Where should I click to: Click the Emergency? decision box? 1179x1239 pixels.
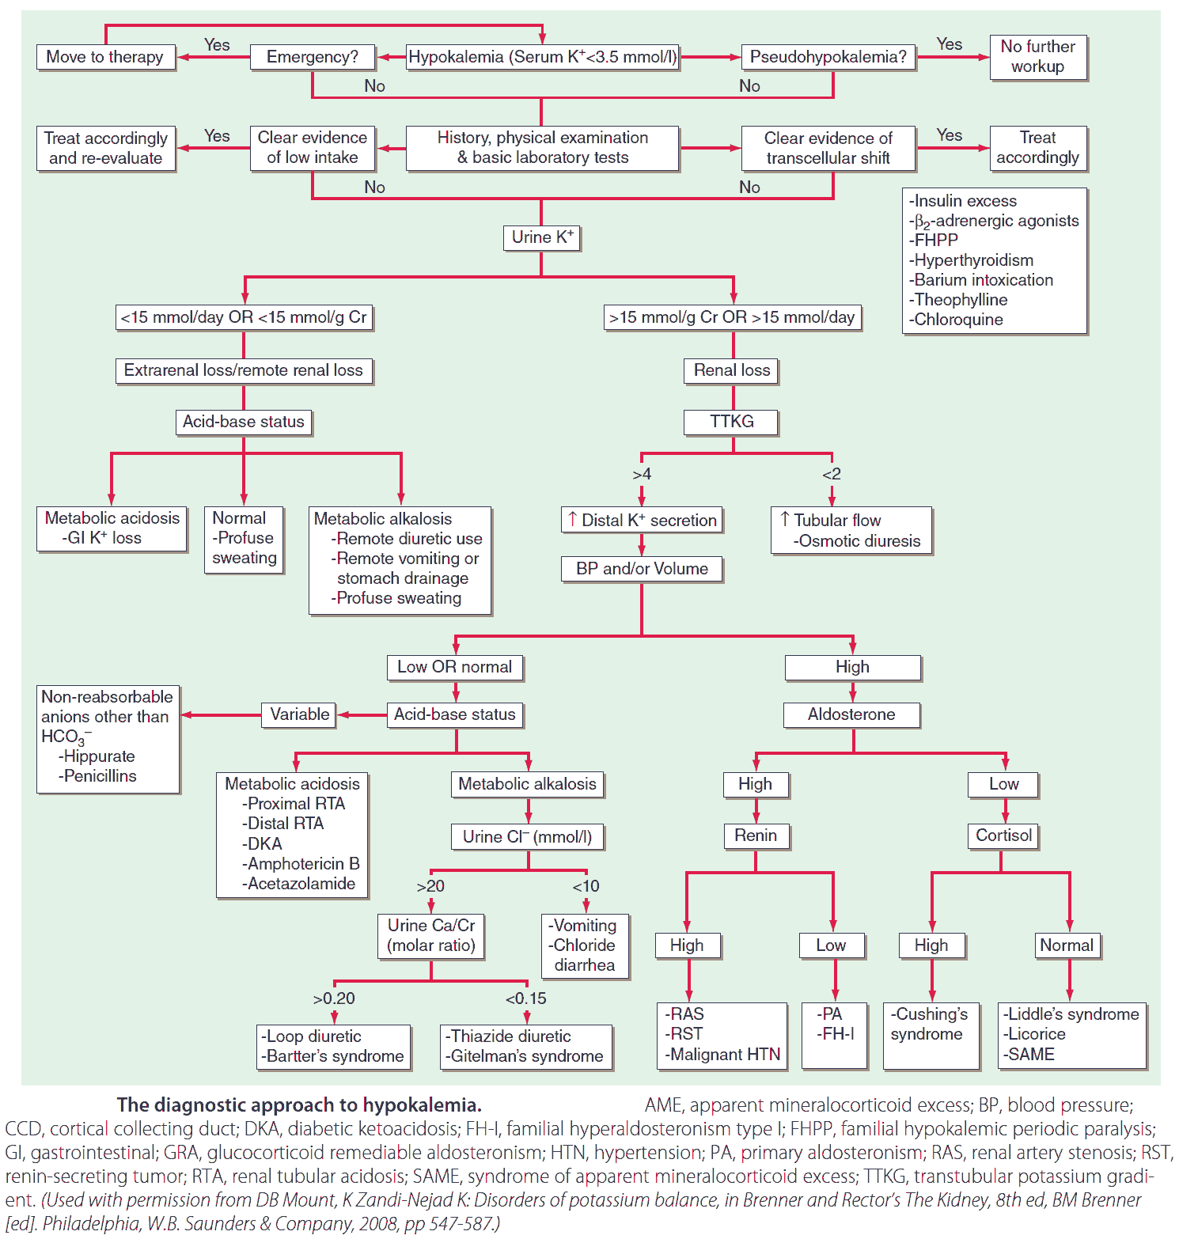click(312, 57)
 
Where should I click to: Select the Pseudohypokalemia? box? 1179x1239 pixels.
click(828, 57)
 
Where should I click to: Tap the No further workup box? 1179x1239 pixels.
click(1037, 57)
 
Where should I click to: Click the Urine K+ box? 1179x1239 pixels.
click(542, 237)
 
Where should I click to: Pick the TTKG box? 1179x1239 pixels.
click(731, 422)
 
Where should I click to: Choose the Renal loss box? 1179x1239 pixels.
click(731, 370)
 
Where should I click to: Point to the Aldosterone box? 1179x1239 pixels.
click(851, 714)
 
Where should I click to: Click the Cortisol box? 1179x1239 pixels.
click(1003, 835)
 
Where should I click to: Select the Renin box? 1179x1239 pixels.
click(756, 835)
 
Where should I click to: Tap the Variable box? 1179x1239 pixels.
click(299, 714)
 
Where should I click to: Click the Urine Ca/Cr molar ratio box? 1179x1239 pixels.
click(431, 935)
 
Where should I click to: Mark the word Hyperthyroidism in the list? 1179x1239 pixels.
click(973, 260)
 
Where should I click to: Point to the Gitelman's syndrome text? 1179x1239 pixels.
click(526, 1056)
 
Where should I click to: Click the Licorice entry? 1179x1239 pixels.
click(1036, 1034)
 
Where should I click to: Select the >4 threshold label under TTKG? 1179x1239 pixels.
click(642, 474)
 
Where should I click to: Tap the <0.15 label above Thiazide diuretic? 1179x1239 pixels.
click(526, 998)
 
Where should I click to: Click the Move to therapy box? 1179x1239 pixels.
click(104, 57)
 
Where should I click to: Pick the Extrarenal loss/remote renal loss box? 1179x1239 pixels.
click(243, 370)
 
